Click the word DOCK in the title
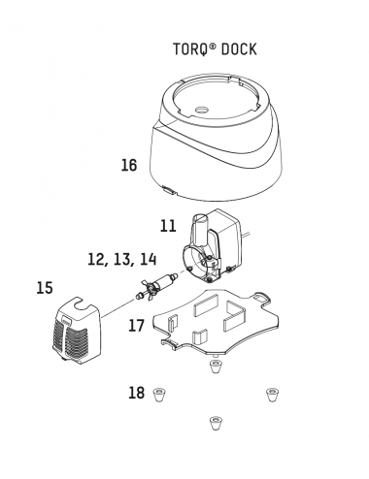click(x=239, y=49)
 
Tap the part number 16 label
click(x=129, y=165)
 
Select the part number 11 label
click(x=168, y=226)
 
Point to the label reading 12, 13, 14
click(x=122, y=260)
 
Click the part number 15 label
click(x=45, y=288)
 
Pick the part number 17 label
click(x=136, y=326)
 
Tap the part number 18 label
click(x=137, y=393)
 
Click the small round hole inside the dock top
click(x=201, y=110)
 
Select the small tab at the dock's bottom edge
click(x=169, y=190)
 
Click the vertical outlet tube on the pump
click(x=199, y=230)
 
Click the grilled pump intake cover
click(x=77, y=331)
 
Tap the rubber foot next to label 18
click(x=159, y=395)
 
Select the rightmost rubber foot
click(x=273, y=395)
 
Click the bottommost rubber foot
click(x=216, y=423)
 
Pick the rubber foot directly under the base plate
click(x=215, y=367)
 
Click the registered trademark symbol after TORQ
click(x=213, y=47)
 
